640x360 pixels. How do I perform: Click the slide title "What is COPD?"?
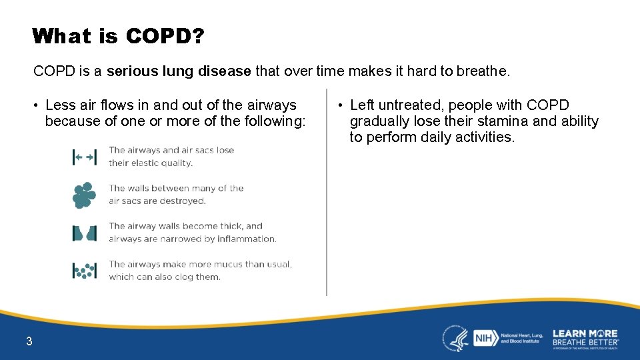click(118, 36)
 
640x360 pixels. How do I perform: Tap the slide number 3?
click(29, 342)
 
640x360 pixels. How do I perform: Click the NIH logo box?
click(484, 339)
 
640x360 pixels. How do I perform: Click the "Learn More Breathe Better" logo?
click(585, 338)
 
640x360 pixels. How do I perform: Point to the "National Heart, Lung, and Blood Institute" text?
click(521, 338)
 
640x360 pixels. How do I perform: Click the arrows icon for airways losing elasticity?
click(84, 157)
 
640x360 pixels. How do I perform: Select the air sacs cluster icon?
click(83, 195)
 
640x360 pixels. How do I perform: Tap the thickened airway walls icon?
click(84, 233)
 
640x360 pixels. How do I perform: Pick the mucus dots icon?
click(84, 271)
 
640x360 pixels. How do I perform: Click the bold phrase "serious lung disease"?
click(179, 71)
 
